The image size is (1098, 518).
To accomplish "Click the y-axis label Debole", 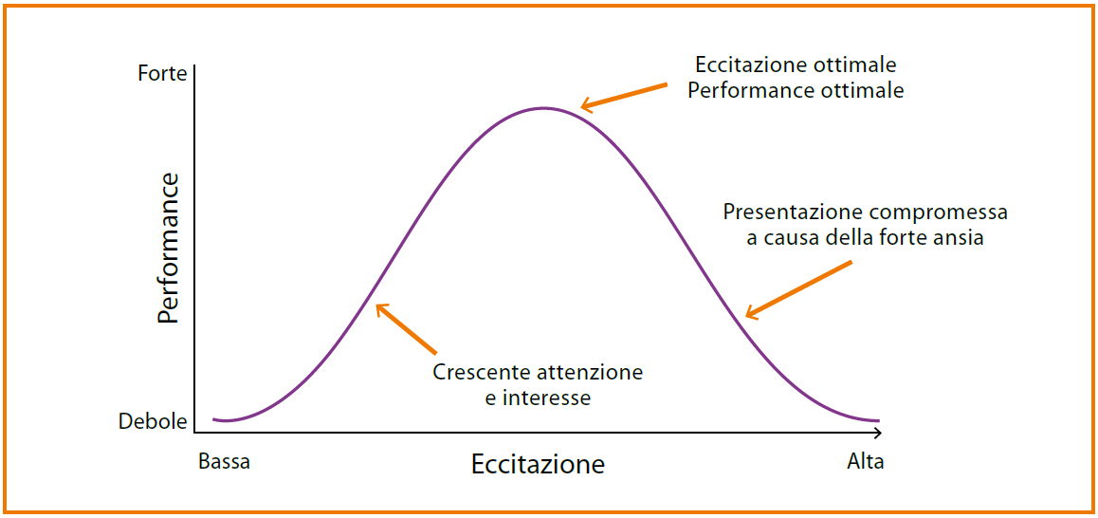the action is pyautogui.click(x=154, y=421).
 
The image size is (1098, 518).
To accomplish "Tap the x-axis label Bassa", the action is pyautogui.click(x=224, y=462).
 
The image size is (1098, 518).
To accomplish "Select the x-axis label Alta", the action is pyautogui.click(x=866, y=462).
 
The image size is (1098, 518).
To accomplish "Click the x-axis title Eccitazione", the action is pyautogui.click(x=538, y=464).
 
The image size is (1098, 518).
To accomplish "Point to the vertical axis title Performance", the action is pyautogui.click(x=168, y=249).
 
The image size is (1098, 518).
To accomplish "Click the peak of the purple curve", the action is pyautogui.click(x=542, y=108).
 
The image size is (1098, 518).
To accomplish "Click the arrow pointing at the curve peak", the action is pyautogui.click(x=624, y=96).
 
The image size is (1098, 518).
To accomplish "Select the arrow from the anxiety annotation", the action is pyautogui.click(x=798, y=290).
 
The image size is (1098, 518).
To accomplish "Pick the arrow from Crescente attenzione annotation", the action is pyautogui.click(x=406, y=327).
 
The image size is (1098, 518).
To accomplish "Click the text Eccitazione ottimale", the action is pyautogui.click(x=796, y=65).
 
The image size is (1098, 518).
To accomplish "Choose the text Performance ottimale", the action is pyautogui.click(x=796, y=91).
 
